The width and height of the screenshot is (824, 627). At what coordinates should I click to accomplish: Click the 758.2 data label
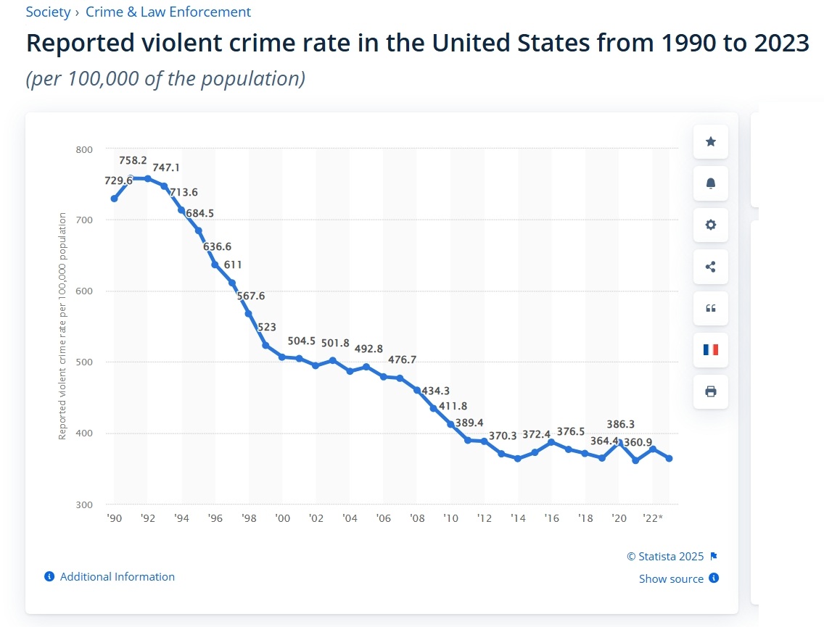(133, 160)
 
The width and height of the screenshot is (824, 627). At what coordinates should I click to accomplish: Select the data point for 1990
(114, 198)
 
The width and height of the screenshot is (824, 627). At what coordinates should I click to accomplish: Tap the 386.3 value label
(621, 424)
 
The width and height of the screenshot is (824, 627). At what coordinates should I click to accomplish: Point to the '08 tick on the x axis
(417, 518)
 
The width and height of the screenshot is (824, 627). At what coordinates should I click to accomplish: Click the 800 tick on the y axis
(84, 149)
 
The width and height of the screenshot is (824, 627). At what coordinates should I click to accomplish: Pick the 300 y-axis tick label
(84, 504)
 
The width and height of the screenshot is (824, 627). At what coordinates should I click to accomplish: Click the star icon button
(711, 142)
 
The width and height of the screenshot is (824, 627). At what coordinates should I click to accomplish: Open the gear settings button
(711, 225)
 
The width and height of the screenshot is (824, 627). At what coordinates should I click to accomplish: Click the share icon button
(711, 267)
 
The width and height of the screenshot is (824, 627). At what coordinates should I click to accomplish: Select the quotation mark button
(711, 308)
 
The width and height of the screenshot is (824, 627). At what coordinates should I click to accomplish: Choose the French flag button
(711, 349)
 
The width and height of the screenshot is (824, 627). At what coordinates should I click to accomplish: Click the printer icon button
(711, 391)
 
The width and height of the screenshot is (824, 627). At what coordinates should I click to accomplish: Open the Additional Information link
(117, 577)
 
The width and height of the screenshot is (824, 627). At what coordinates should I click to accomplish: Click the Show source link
(671, 578)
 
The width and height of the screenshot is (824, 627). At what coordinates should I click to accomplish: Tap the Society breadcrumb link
(48, 12)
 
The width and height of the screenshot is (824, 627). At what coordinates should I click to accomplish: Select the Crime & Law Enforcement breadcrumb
(168, 12)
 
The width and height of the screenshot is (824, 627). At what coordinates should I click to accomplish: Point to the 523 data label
(266, 328)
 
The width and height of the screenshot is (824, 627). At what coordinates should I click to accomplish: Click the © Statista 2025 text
(665, 557)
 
